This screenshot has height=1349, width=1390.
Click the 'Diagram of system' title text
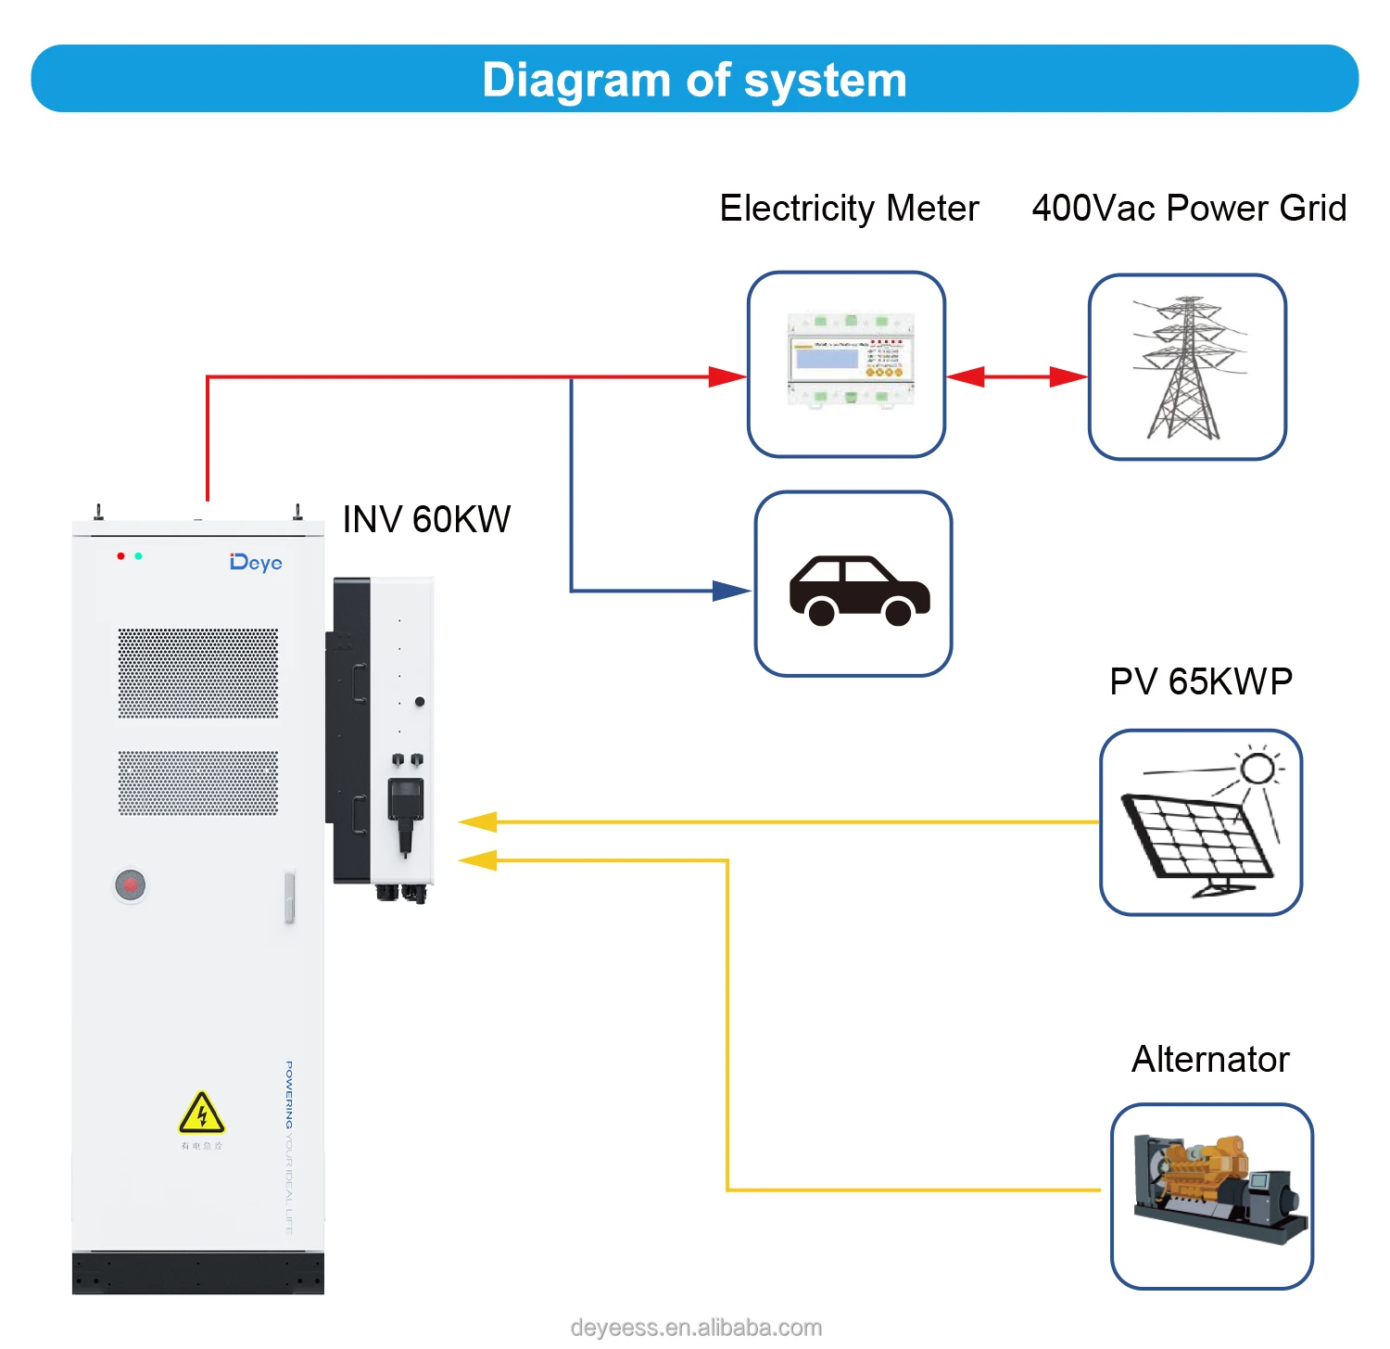tap(694, 80)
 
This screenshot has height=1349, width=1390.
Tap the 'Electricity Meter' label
tap(849, 208)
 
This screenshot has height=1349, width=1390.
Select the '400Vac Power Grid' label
tap(1189, 208)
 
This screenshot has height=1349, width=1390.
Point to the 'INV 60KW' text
tap(426, 519)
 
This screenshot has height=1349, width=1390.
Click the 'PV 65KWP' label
tap(1201, 681)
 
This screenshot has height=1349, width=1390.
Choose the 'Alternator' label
tap(1210, 1059)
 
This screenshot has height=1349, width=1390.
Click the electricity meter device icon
tap(850, 362)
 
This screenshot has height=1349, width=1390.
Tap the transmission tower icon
tap(1186, 368)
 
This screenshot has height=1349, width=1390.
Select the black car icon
tap(859, 591)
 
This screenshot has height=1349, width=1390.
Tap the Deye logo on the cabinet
tap(256, 563)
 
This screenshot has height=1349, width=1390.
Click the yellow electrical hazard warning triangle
tap(201, 1114)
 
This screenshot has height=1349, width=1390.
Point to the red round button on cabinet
tap(131, 884)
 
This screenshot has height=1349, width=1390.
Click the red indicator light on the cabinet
tap(120, 556)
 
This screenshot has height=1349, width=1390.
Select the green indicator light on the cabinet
tap(138, 556)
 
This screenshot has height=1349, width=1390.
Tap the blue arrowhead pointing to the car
tap(731, 591)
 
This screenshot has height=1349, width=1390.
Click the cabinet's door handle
tap(289, 897)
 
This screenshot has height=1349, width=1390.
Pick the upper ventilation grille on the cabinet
tap(197, 673)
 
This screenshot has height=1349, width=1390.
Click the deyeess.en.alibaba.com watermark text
tap(696, 1328)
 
